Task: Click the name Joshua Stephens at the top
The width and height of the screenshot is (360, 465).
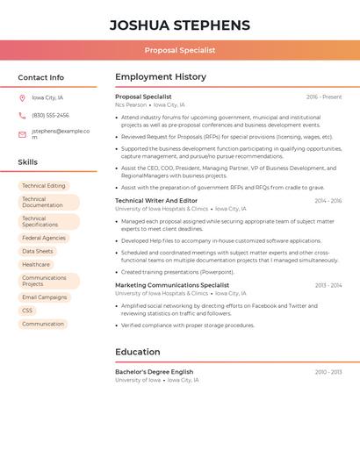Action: tap(180, 25)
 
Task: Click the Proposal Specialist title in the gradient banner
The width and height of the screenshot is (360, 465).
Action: tap(180, 50)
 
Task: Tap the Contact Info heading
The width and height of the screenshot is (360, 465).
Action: tap(40, 77)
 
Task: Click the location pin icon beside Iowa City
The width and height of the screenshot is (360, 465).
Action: tap(22, 97)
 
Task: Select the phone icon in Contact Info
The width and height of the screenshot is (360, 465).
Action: tap(22, 115)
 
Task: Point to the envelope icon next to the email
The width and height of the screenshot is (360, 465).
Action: tap(22, 134)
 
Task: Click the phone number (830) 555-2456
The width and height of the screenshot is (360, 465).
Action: tap(50, 115)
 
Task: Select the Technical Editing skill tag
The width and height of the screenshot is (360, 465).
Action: tap(44, 186)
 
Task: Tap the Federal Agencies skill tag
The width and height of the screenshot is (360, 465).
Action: tap(44, 238)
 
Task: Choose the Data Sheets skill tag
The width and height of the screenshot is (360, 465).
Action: tap(38, 251)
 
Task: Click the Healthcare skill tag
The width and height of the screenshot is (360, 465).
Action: tap(36, 264)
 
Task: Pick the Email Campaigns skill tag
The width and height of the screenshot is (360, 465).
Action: tap(45, 297)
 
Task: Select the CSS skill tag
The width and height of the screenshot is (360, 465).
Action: tap(27, 311)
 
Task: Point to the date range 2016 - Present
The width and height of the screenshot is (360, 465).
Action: tap(324, 97)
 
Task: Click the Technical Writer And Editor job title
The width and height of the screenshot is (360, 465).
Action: tap(156, 201)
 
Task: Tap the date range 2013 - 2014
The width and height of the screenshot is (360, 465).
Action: tap(328, 285)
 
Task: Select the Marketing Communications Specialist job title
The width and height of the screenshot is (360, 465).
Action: tap(172, 285)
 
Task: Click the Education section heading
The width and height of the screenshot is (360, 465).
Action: tap(138, 352)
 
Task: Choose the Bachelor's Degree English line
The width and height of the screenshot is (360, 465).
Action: tap(155, 372)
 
